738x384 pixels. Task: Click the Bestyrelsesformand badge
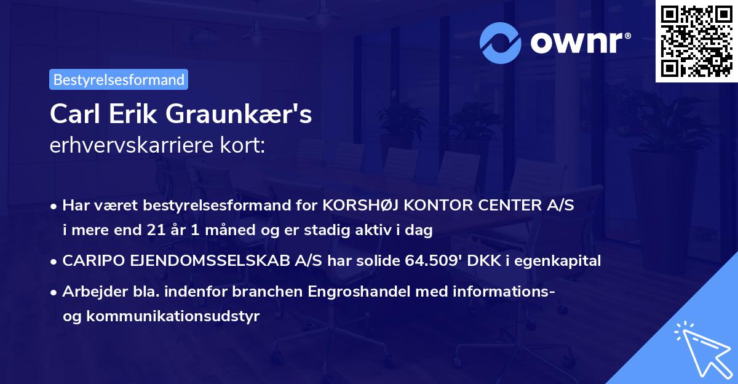[119, 79]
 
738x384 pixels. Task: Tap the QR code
[696, 41]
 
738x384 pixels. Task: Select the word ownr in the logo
[579, 42]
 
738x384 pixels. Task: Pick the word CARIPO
[90, 261]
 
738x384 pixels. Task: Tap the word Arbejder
[90, 291]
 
